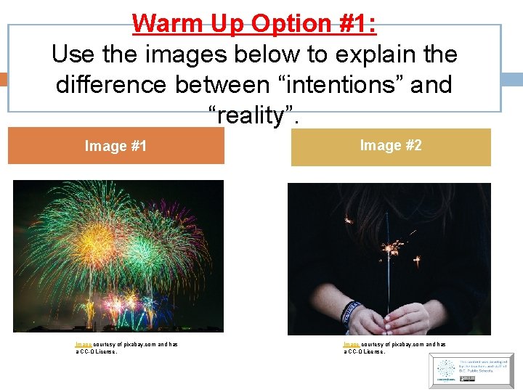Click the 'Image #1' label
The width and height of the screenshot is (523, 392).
point(115,147)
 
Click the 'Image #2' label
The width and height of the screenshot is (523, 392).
point(391,146)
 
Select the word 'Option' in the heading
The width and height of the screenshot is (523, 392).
point(283,23)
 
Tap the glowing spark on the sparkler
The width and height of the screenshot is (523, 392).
point(393,250)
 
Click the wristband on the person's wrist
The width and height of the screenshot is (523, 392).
point(350,311)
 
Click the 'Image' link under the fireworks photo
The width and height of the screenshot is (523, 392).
point(83,344)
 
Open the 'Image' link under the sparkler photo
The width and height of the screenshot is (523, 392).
point(352,344)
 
